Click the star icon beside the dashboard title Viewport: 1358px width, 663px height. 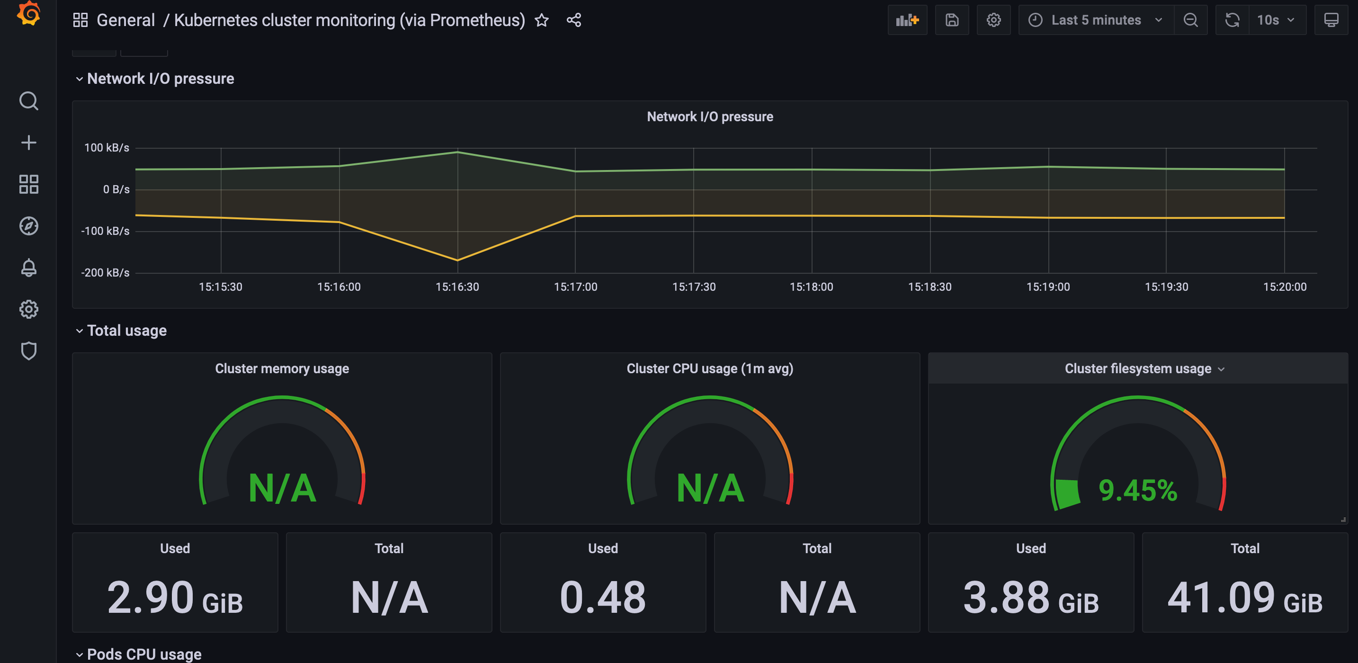click(541, 20)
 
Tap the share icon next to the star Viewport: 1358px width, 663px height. click(573, 20)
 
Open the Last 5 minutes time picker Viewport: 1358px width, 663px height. click(1096, 20)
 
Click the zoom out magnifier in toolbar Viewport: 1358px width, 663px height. click(1190, 20)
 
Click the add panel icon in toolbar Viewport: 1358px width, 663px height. click(907, 20)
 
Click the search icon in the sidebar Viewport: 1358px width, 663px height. click(28, 101)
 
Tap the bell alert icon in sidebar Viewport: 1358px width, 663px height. click(28, 268)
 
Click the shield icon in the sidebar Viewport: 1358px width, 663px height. click(28, 351)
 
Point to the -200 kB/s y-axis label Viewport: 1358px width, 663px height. click(105, 273)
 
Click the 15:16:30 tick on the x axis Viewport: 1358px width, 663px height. click(457, 287)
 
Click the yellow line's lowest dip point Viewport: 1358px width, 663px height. click(457, 260)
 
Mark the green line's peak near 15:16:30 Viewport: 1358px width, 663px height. click(457, 152)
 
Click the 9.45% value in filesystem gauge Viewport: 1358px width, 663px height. click(1138, 491)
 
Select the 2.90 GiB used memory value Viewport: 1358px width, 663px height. click(175, 598)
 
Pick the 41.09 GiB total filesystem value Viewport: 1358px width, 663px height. click(1245, 598)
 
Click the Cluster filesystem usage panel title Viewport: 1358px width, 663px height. click(1138, 369)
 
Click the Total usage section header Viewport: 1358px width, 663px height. click(126, 331)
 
